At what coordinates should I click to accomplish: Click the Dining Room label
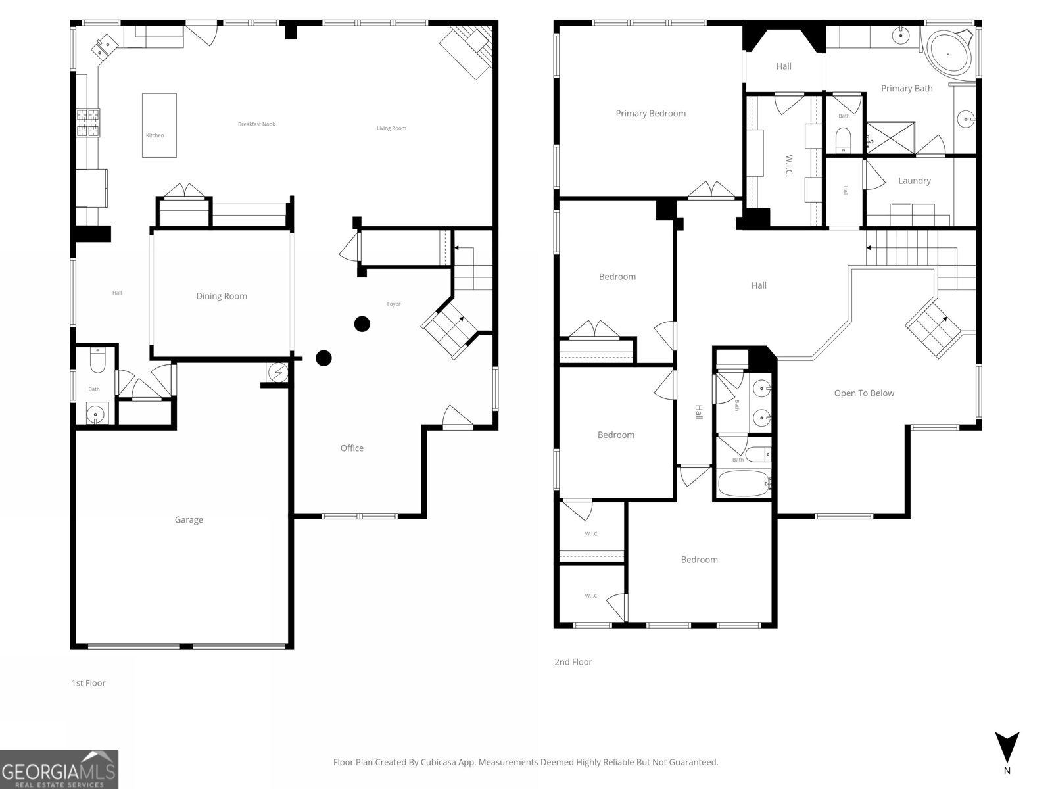pyautogui.click(x=222, y=296)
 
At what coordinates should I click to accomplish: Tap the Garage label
pyautogui.click(x=189, y=519)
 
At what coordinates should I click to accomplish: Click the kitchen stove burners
pyautogui.click(x=87, y=123)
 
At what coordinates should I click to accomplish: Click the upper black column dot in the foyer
pyautogui.click(x=362, y=323)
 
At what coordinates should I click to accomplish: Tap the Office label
pyautogui.click(x=352, y=448)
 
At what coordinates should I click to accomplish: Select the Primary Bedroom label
pyautogui.click(x=650, y=113)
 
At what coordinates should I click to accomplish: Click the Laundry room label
pyautogui.click(x=914, y=181)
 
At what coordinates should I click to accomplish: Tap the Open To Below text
pyautogui.click(x=864, y=393)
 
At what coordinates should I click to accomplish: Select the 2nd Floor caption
pyautogui.click(x=573, y=662)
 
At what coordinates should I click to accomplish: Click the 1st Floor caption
pyautogui.click(x=88, y=683)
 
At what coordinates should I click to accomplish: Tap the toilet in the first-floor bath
pyautogui.click(x=97, y=361)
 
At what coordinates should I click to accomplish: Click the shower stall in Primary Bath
pyautogui.click(x=890, y=138)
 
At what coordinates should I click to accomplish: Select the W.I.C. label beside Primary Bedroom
pyautogui.click(x=788, y=165)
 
